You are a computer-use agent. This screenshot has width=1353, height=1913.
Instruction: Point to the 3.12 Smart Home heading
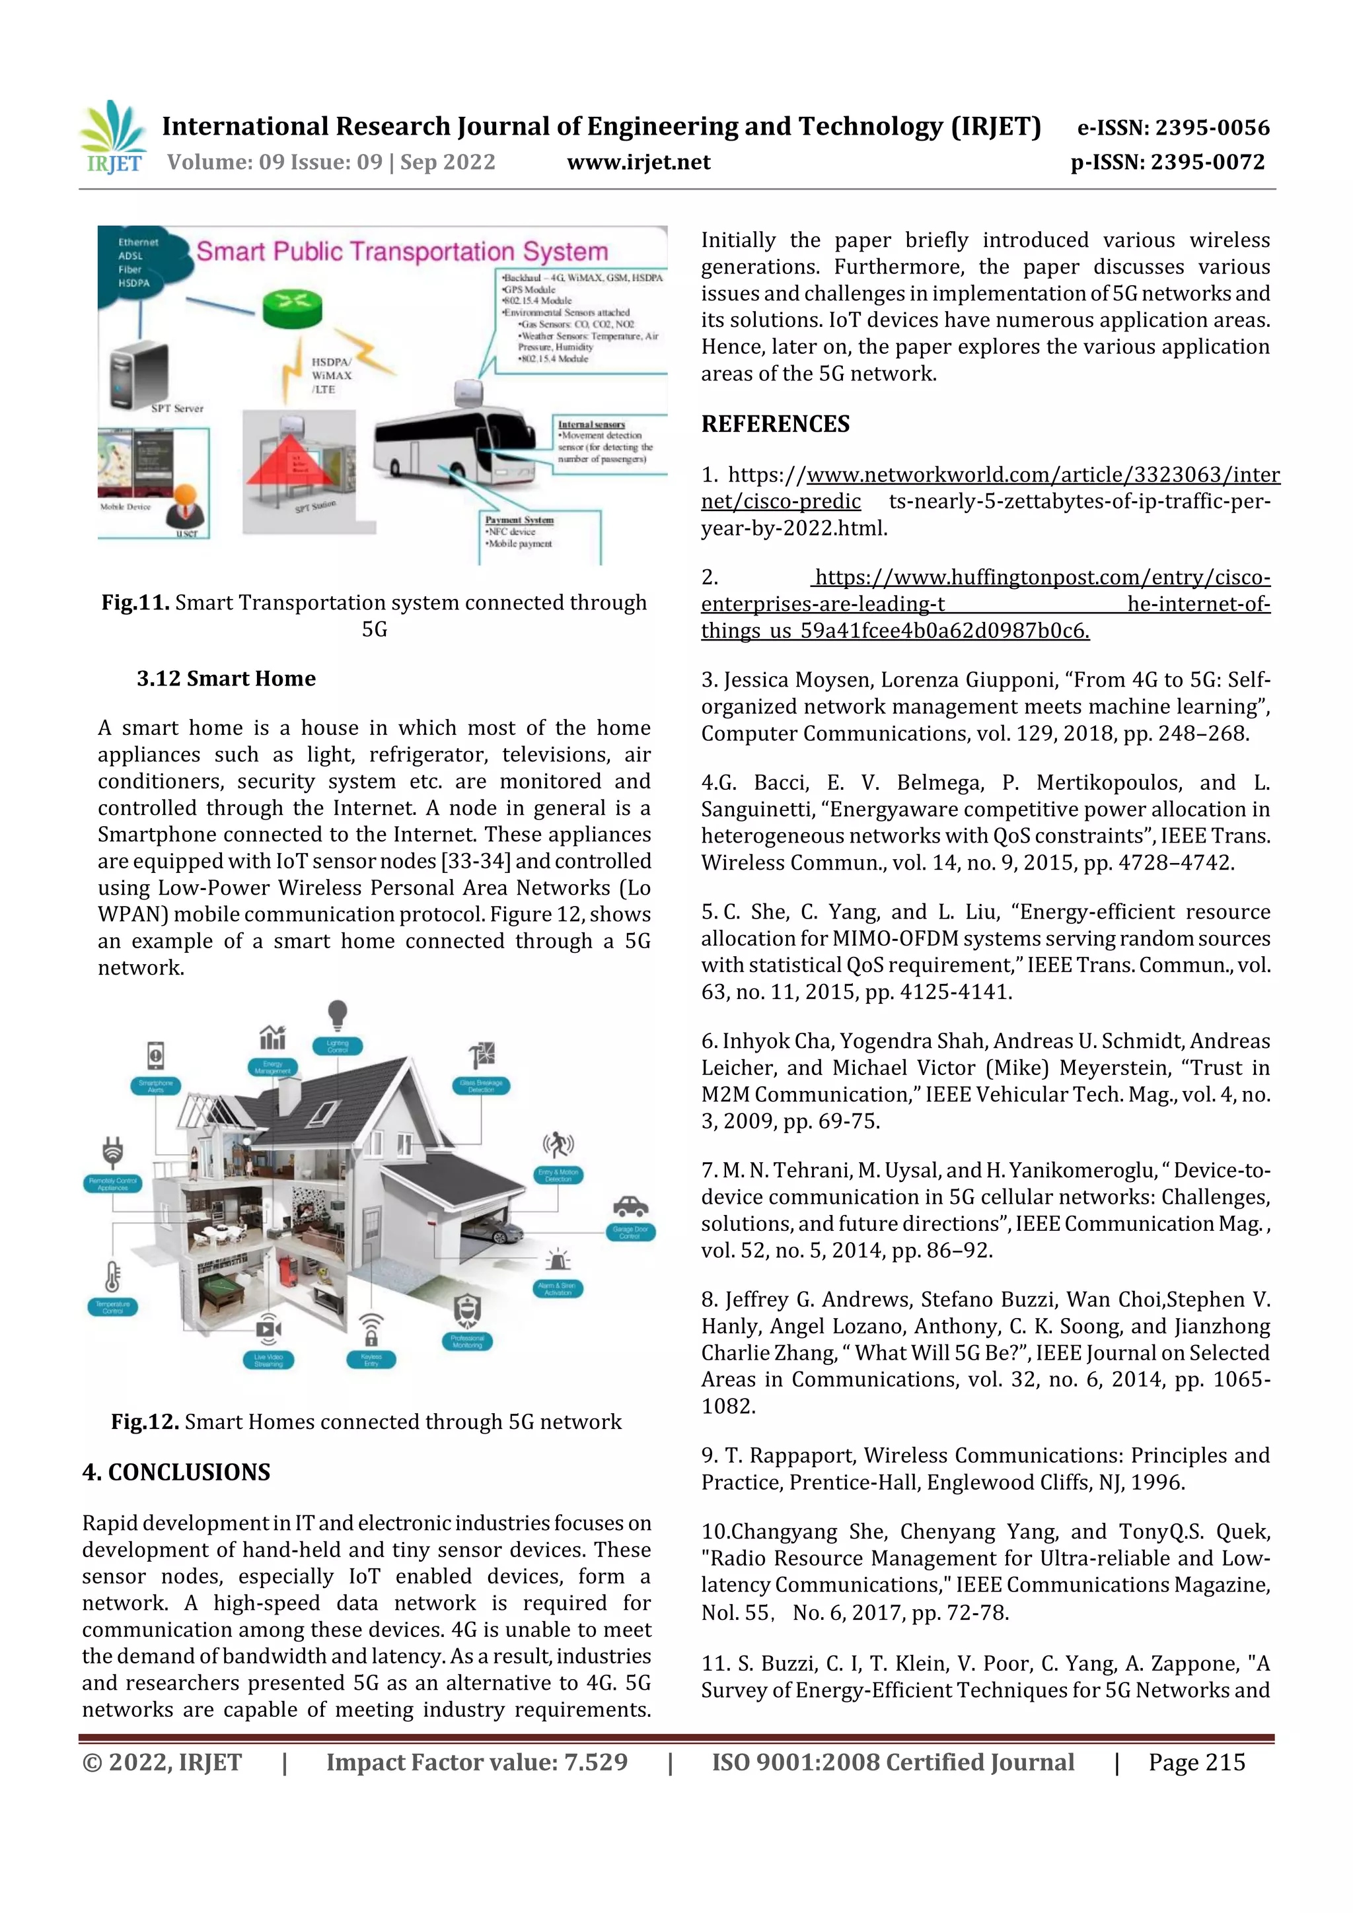click(226, 678)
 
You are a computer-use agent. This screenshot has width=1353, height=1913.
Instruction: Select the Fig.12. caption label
click(144, 1422)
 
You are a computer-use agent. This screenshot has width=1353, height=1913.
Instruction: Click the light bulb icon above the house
click(337, 1015)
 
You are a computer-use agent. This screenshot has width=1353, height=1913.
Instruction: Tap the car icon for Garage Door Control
click(630, 1206)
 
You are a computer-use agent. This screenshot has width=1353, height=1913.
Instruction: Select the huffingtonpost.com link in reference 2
click(1041, 577)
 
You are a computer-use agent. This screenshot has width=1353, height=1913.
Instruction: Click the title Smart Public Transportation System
click(402, 252)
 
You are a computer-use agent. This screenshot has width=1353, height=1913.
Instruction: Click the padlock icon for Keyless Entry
click(371, 1331)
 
